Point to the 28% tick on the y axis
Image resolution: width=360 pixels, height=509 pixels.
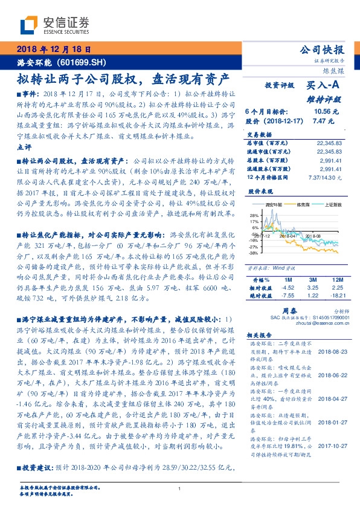coord(254,214)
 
